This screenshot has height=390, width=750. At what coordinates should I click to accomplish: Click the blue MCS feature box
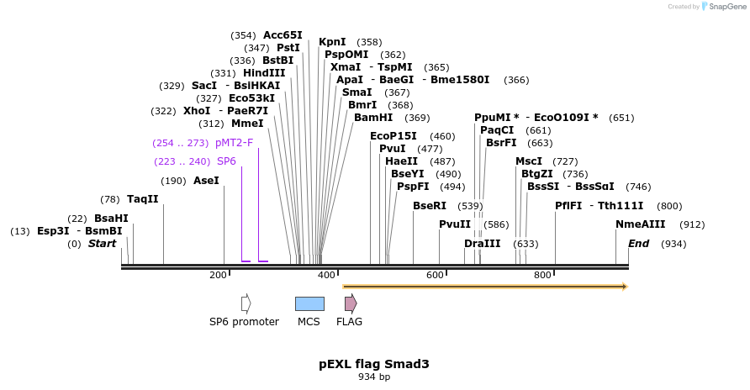[309, 303]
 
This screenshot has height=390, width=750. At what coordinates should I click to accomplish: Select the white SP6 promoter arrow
[246, 303]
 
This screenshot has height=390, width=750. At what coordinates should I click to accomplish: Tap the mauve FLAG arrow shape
[351, 303]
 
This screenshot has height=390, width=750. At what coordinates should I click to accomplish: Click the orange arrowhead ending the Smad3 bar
[625, 287]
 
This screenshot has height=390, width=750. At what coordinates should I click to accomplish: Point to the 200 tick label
[218, 276]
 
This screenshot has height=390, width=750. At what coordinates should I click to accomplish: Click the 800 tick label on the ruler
[542, 276]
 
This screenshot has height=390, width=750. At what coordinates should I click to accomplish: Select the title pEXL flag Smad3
[374, 364]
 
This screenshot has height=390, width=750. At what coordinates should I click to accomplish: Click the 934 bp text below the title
[374, 377]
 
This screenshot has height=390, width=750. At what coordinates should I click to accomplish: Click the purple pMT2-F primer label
[234, 143]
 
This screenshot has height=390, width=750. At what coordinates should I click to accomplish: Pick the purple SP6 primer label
[226, 161]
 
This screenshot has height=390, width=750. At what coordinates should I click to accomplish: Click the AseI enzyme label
[206, 181]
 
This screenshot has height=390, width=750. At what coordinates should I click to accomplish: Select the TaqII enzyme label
[142, 199]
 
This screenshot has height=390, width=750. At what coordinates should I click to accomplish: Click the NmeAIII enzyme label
[641, 224]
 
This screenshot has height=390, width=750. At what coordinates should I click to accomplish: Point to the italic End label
[639, 244]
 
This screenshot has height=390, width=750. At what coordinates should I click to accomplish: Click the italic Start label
[102, 244]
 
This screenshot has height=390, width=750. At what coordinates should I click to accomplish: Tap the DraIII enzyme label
[482, 244]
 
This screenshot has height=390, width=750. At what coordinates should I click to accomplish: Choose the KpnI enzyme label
[332, 42]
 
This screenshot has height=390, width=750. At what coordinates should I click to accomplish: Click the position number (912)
[692, 224]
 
